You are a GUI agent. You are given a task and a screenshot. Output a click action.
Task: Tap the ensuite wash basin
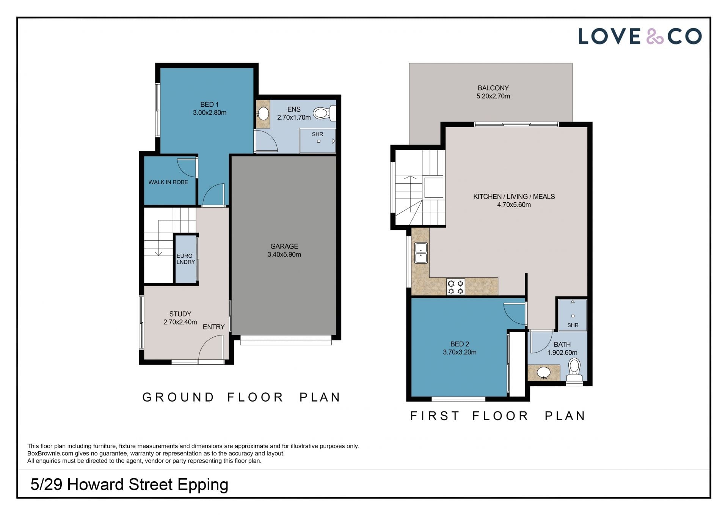point(263,113)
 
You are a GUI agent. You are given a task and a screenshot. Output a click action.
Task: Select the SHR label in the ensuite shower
point(317,134)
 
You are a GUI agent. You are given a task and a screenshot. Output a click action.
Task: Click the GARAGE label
point(284,246)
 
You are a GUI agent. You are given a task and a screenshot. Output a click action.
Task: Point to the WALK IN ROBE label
point(168,182)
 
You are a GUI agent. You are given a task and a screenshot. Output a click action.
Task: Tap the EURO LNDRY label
point(185,259)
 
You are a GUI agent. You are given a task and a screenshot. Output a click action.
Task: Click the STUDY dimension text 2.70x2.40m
point(180,322)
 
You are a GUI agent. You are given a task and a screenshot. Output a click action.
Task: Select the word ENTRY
point(213,327)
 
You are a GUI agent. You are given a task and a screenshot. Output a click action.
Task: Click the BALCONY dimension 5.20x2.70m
point(493,96)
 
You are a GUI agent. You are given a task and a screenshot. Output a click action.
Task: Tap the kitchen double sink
point(421,253)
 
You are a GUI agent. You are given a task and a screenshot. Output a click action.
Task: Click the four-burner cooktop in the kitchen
point(455,287)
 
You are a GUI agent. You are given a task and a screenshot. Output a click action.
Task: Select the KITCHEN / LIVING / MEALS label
point(514,197)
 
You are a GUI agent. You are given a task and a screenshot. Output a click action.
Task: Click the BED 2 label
point(460,344)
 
